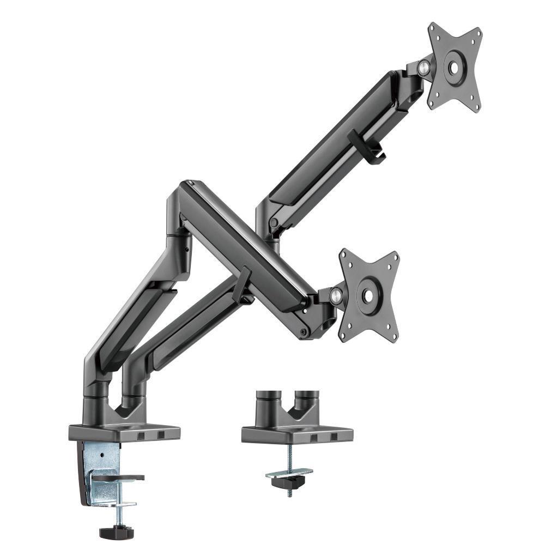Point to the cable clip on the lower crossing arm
(243, 283)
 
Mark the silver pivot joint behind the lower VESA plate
(336, 296)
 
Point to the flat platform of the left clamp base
(124, 432)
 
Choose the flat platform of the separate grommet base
(297, 433)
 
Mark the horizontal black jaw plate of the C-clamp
(118, 479)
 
